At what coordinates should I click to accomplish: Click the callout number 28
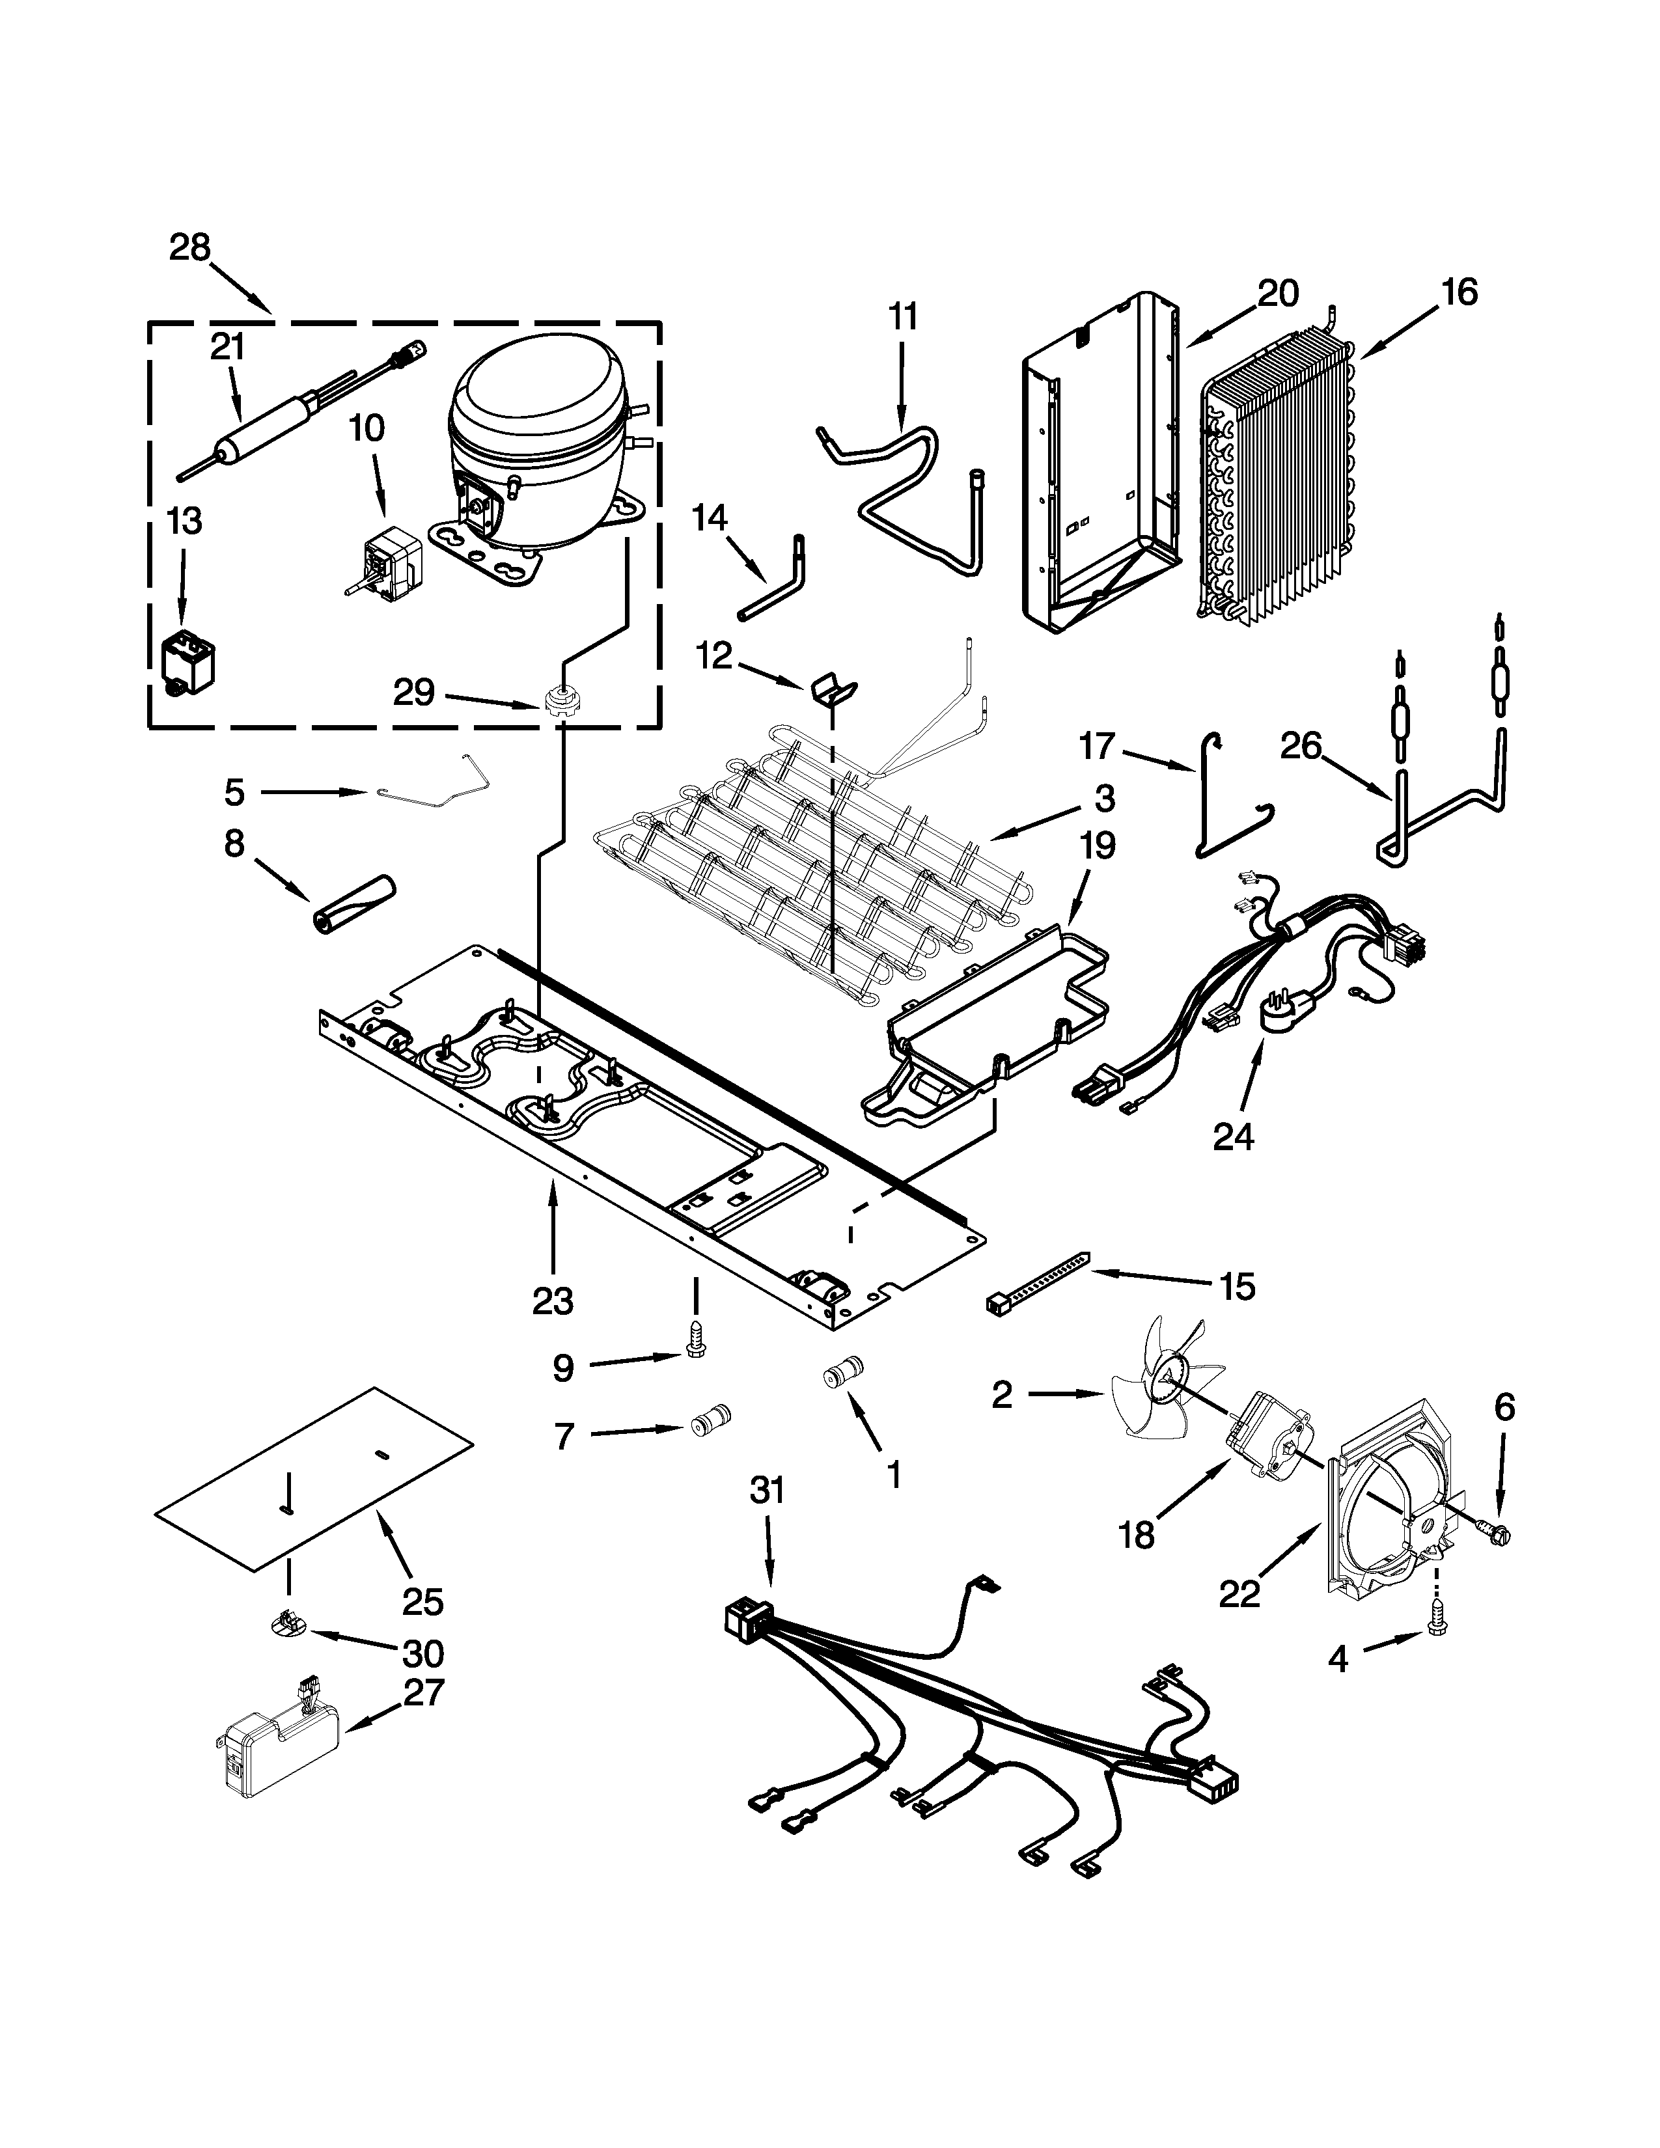pos(190,247)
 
